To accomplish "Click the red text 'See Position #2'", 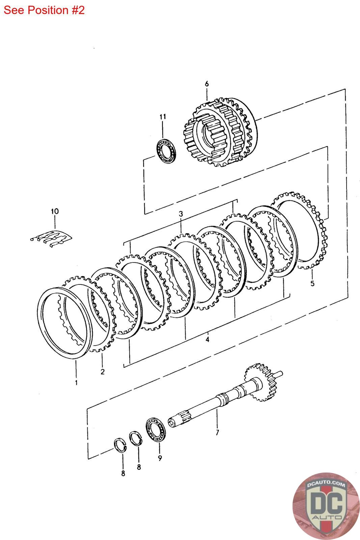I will pos(44,10).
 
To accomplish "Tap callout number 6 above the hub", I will pos(207,84).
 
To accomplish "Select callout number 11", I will pos(163,117).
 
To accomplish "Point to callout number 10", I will pos(55,212).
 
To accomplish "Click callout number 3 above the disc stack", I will pos(181,214).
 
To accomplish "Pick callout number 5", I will pos(312,283).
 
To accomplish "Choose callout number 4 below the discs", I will pos(207,339).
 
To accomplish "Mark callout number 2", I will pos(102,372).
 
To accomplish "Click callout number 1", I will pos(76,382).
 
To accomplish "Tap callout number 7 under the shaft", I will pos(217,432).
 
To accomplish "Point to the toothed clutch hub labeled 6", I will pos(221,133).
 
